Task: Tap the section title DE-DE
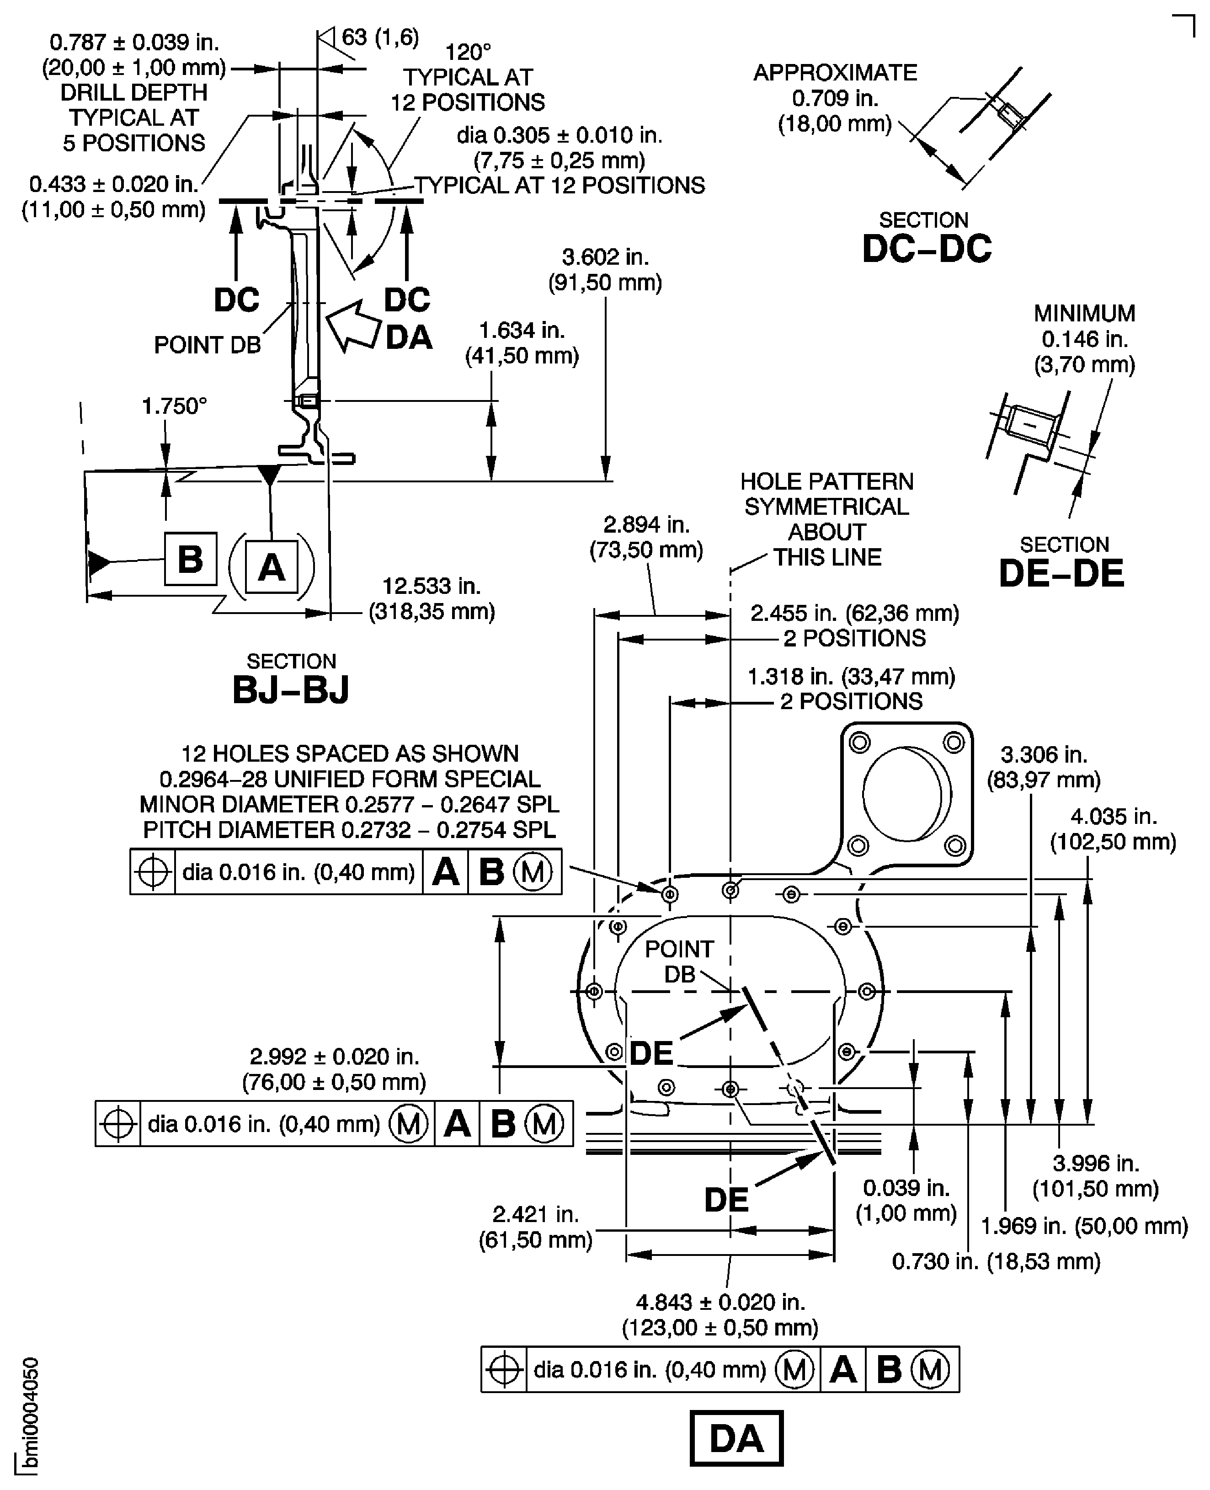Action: (x=1061, y=573)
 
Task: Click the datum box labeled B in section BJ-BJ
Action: (x=190, y=559)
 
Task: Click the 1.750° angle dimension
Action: (x=174, y=406)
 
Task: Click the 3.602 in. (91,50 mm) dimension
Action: (x=605, y=270)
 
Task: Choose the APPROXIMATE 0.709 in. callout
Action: (x=835, y=98)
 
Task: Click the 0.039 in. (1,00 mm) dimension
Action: (x=906, y=1200)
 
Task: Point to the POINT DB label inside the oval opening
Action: (x=679, y=961)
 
